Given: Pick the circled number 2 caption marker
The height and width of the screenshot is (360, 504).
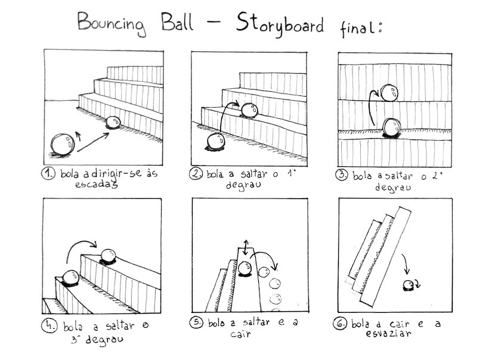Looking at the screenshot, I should [x=196, y=174].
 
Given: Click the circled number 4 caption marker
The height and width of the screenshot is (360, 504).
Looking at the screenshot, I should [x=49, y=326].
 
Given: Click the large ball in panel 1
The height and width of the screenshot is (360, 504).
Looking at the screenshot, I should [x=61, y=144].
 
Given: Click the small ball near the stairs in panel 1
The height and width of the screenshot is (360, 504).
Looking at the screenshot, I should [x=112, y=122].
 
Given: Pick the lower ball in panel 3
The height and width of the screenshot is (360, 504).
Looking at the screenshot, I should [x=392, y=126].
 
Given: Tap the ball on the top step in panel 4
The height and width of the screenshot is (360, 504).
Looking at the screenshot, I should [x=109, y=255].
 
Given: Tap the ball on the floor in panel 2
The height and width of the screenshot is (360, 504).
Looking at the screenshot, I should [x=215, y=142].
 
